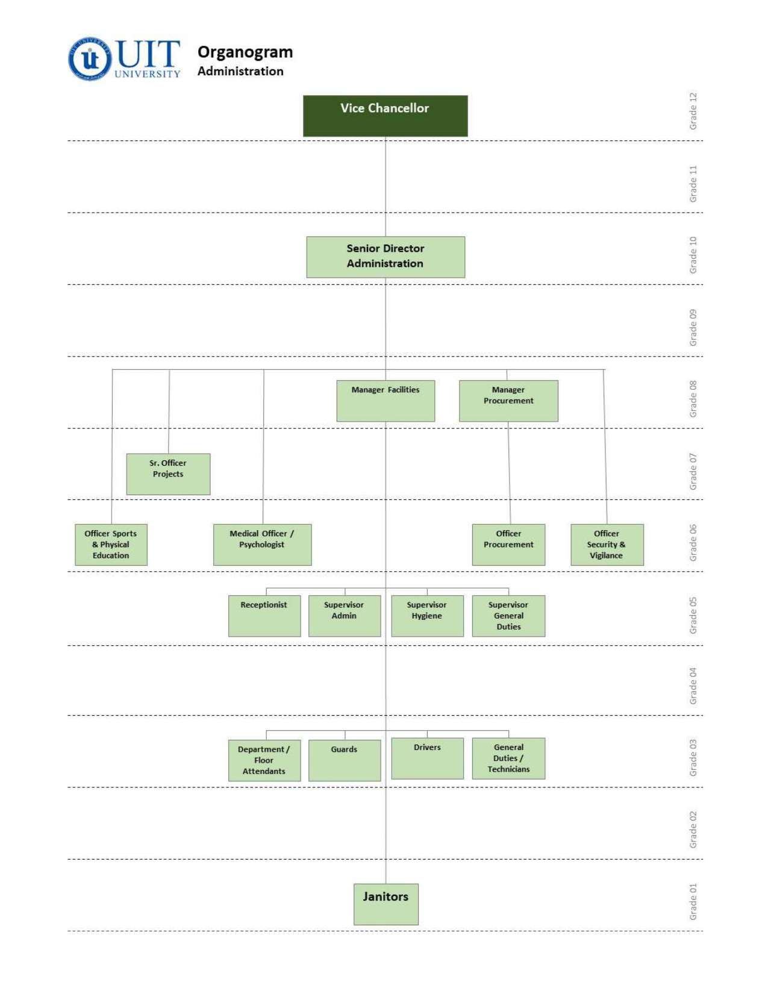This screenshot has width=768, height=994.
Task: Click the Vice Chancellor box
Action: (x=385, y=116)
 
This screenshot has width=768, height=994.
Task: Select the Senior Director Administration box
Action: (x=385, y=257)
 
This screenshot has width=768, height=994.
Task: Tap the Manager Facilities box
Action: (x=386, y=400)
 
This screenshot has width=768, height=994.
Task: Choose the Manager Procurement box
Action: (x=508, y=400)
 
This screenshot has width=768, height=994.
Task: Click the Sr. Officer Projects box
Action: (x=168, y=474)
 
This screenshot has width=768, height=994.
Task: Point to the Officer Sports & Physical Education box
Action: (x=111, y=544)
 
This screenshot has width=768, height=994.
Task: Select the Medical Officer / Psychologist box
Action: (x=262, y=544)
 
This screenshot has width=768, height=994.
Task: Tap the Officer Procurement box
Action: (x=508, y=544)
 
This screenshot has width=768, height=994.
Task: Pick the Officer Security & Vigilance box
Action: (x=607, y=544)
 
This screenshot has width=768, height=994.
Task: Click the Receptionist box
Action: (x=264, y=615)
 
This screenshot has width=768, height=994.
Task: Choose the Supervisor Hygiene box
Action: (x=427, y=615)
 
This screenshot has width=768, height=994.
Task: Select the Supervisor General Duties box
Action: (x=508, y=615)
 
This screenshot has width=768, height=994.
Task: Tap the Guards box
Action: (x=345, y=760)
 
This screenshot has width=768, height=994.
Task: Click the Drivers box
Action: (x=427, y=758)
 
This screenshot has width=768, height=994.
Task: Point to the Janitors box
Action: (x=386, y=904)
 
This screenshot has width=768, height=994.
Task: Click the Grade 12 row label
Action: (x=693, y=111)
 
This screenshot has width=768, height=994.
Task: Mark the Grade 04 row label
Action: (x=693, y=686)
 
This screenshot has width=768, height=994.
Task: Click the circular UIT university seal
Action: (x=90, y=58)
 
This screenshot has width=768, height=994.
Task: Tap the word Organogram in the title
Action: (x=245, y=52)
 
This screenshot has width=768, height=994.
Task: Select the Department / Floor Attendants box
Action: (x=264, y=760)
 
